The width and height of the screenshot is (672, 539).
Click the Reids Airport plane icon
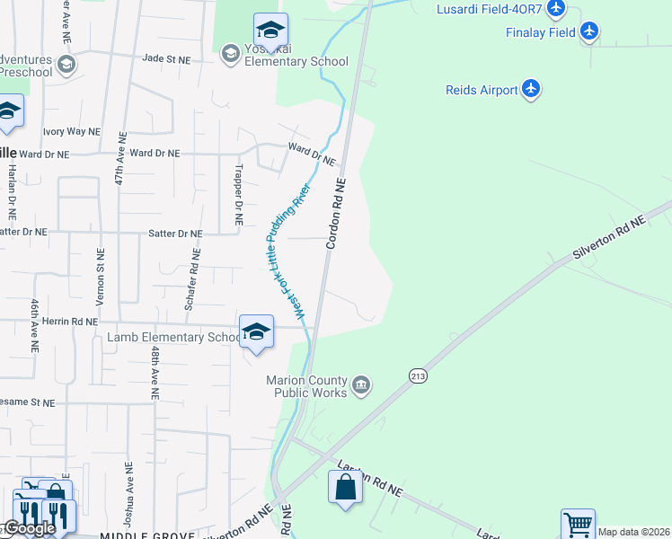pos(532,89)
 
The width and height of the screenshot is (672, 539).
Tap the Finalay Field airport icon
pos(589,32)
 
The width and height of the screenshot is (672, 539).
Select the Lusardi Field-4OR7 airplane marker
pos(556,9)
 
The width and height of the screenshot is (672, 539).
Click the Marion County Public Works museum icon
pos(361,385)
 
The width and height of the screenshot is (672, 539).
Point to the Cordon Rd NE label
pos(337,213)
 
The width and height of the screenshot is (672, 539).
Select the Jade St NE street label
pos(167,59)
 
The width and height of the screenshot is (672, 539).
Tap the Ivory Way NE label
pos(71,131)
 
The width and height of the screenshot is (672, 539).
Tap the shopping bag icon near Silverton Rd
pos(345,490)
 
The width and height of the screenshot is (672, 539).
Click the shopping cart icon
pos(578,525)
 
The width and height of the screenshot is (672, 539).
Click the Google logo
pos(30,528)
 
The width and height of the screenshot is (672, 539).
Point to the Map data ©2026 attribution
pos(634,532)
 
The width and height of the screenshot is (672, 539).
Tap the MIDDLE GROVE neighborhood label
pos(147,535)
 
